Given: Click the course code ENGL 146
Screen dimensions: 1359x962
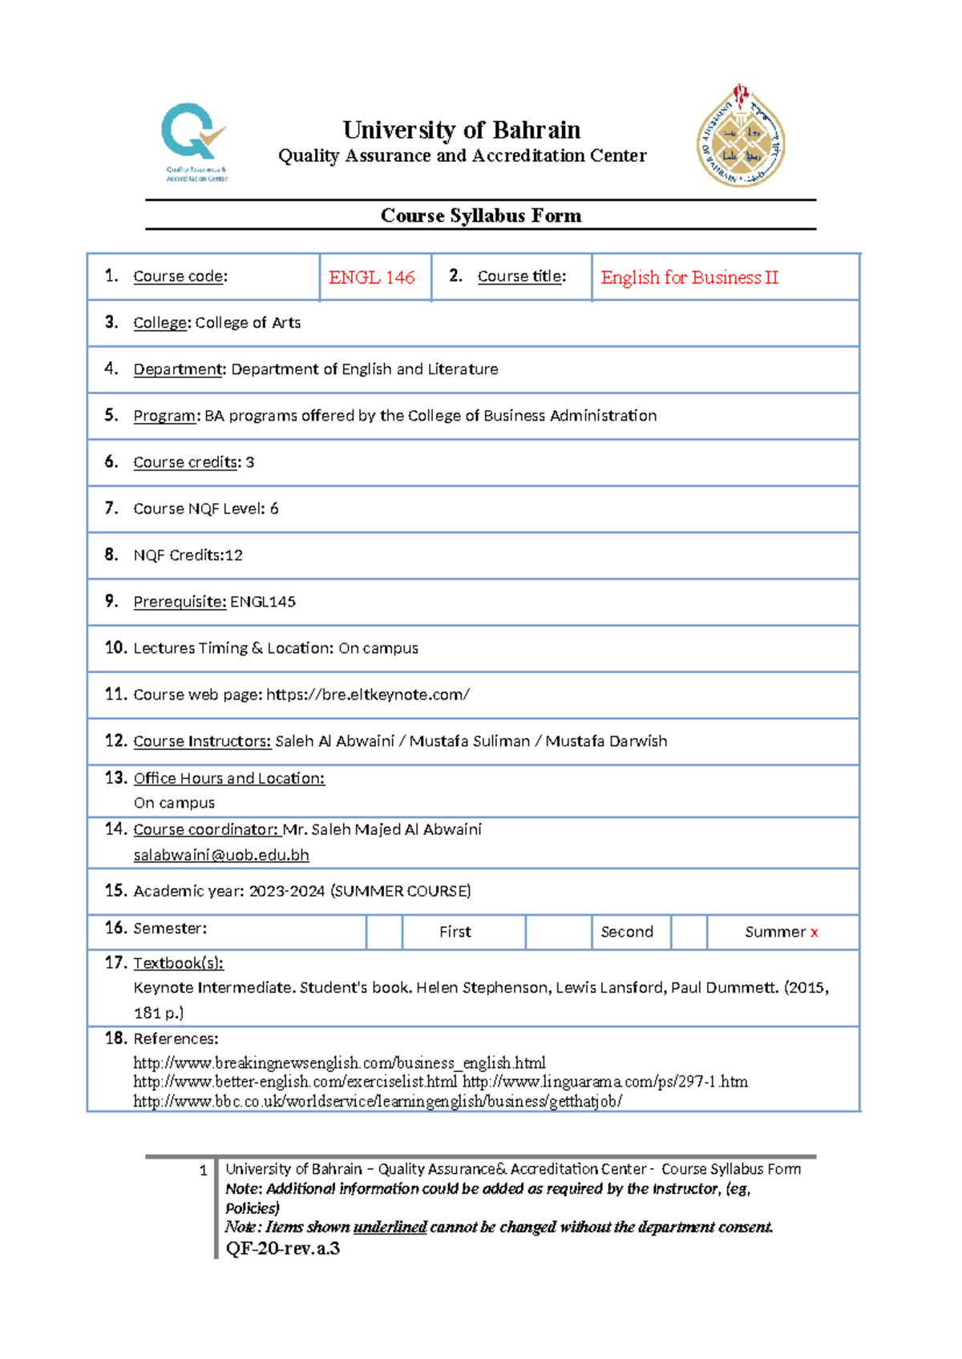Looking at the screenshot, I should (371, 277).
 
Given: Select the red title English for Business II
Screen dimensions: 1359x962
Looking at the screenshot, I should (689, 277).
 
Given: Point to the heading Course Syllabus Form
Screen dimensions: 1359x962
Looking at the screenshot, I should (480, 216).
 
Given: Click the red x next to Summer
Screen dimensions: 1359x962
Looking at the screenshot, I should (814, 933).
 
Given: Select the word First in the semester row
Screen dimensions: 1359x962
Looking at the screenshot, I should (455, 932).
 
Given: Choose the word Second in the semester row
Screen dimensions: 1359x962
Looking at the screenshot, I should (626, 932).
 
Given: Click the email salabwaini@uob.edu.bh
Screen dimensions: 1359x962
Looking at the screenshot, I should (221, 855).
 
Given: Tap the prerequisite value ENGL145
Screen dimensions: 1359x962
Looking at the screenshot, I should (263, 602).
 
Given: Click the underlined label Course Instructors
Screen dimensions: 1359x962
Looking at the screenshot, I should (202, 741).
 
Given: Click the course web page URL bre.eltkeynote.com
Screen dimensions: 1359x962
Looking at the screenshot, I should (368, 695).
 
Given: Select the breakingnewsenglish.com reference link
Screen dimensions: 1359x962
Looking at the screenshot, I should (339, 1063).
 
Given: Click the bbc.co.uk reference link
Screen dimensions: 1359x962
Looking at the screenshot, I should (378, 1102).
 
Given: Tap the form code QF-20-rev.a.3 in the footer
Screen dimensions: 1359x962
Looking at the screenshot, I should (283, 1248).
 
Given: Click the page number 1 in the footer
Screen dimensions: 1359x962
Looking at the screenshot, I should (203, 1171).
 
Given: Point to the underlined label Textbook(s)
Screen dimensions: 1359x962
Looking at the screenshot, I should (178, 963).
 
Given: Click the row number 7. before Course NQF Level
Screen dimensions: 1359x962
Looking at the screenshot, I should (111, 508).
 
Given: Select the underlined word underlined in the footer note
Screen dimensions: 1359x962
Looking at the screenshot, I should (390, 1227).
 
